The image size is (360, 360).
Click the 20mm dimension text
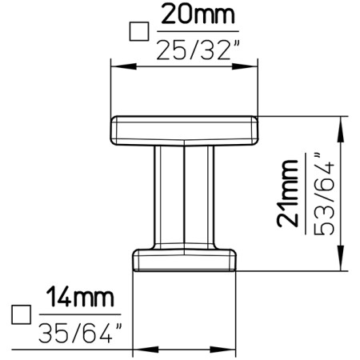(195, 16)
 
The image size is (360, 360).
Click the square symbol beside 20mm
(139, 31)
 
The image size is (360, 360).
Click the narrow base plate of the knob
(185, 261)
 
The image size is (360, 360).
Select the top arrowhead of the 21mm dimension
(344, 121)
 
